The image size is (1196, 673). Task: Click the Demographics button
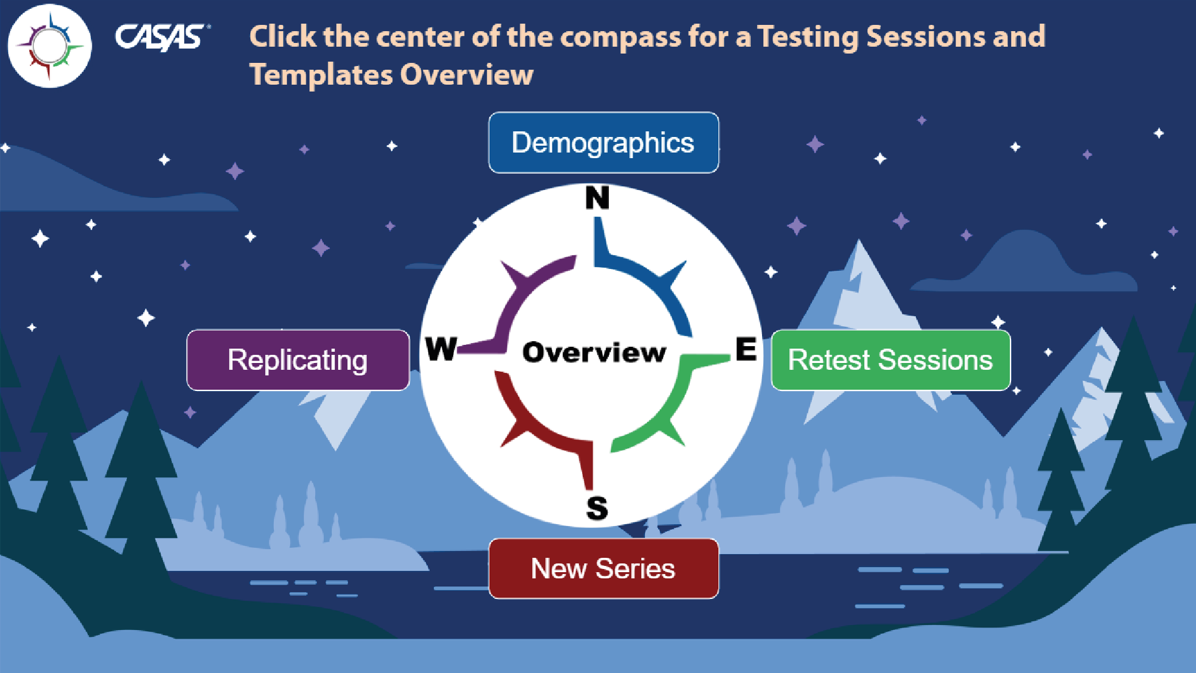[603, 143]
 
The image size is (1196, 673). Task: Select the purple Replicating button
[298, 360]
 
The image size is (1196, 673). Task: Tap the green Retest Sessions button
[890, 360]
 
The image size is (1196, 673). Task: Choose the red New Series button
[603, 568]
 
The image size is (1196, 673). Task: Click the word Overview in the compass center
[594, 352]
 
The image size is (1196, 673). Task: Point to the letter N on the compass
[597, 198]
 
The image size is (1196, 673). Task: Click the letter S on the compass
[597, 508]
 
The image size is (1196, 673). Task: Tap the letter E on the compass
[746, 349]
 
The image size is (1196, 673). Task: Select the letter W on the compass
[441, 349]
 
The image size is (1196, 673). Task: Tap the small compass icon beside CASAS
[50, 45]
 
